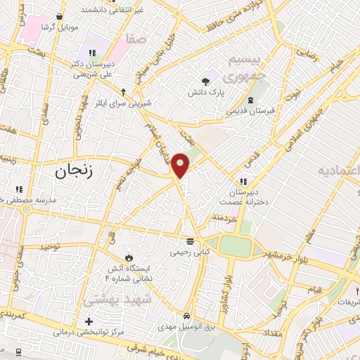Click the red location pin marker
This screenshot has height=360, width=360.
(181, 165)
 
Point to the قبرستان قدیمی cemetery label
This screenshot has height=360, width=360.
(250, 110)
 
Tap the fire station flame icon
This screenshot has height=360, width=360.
(128, 257)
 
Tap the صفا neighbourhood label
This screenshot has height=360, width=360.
(136, 40)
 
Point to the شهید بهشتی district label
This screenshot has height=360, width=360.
(112, 300)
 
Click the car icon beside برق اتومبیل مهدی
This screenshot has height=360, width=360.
(186, 316)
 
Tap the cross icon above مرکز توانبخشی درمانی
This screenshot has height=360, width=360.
(89, 321)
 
